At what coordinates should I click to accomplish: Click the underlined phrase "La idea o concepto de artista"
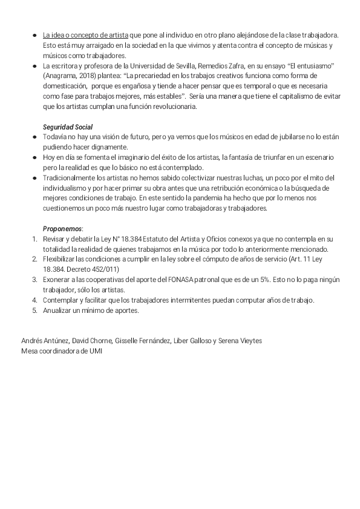click(x=85, y=36)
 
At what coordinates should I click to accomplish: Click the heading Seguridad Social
click(x=68, y=127)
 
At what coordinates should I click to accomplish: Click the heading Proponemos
click(x=62, y=229)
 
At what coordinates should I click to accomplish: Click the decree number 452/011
click(x=106, y=269)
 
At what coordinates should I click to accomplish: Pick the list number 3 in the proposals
click(x=34, y=280)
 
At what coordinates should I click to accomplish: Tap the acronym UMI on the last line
click(x=96, y=351)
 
